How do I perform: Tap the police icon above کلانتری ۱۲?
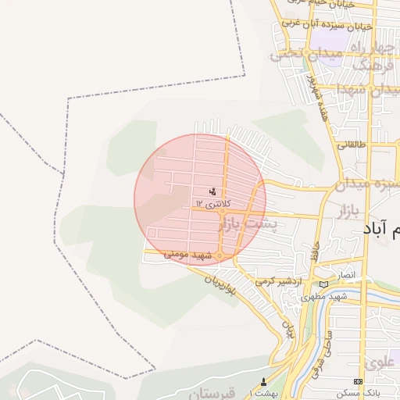click(x=212, y=191)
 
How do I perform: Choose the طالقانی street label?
click(x=347, y=145)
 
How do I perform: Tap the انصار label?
click(x=345, y=276)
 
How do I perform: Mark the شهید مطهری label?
click(x=326, y=298)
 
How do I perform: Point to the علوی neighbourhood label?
click(x=378, y=362)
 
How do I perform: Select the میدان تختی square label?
click(x=297, y=55)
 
